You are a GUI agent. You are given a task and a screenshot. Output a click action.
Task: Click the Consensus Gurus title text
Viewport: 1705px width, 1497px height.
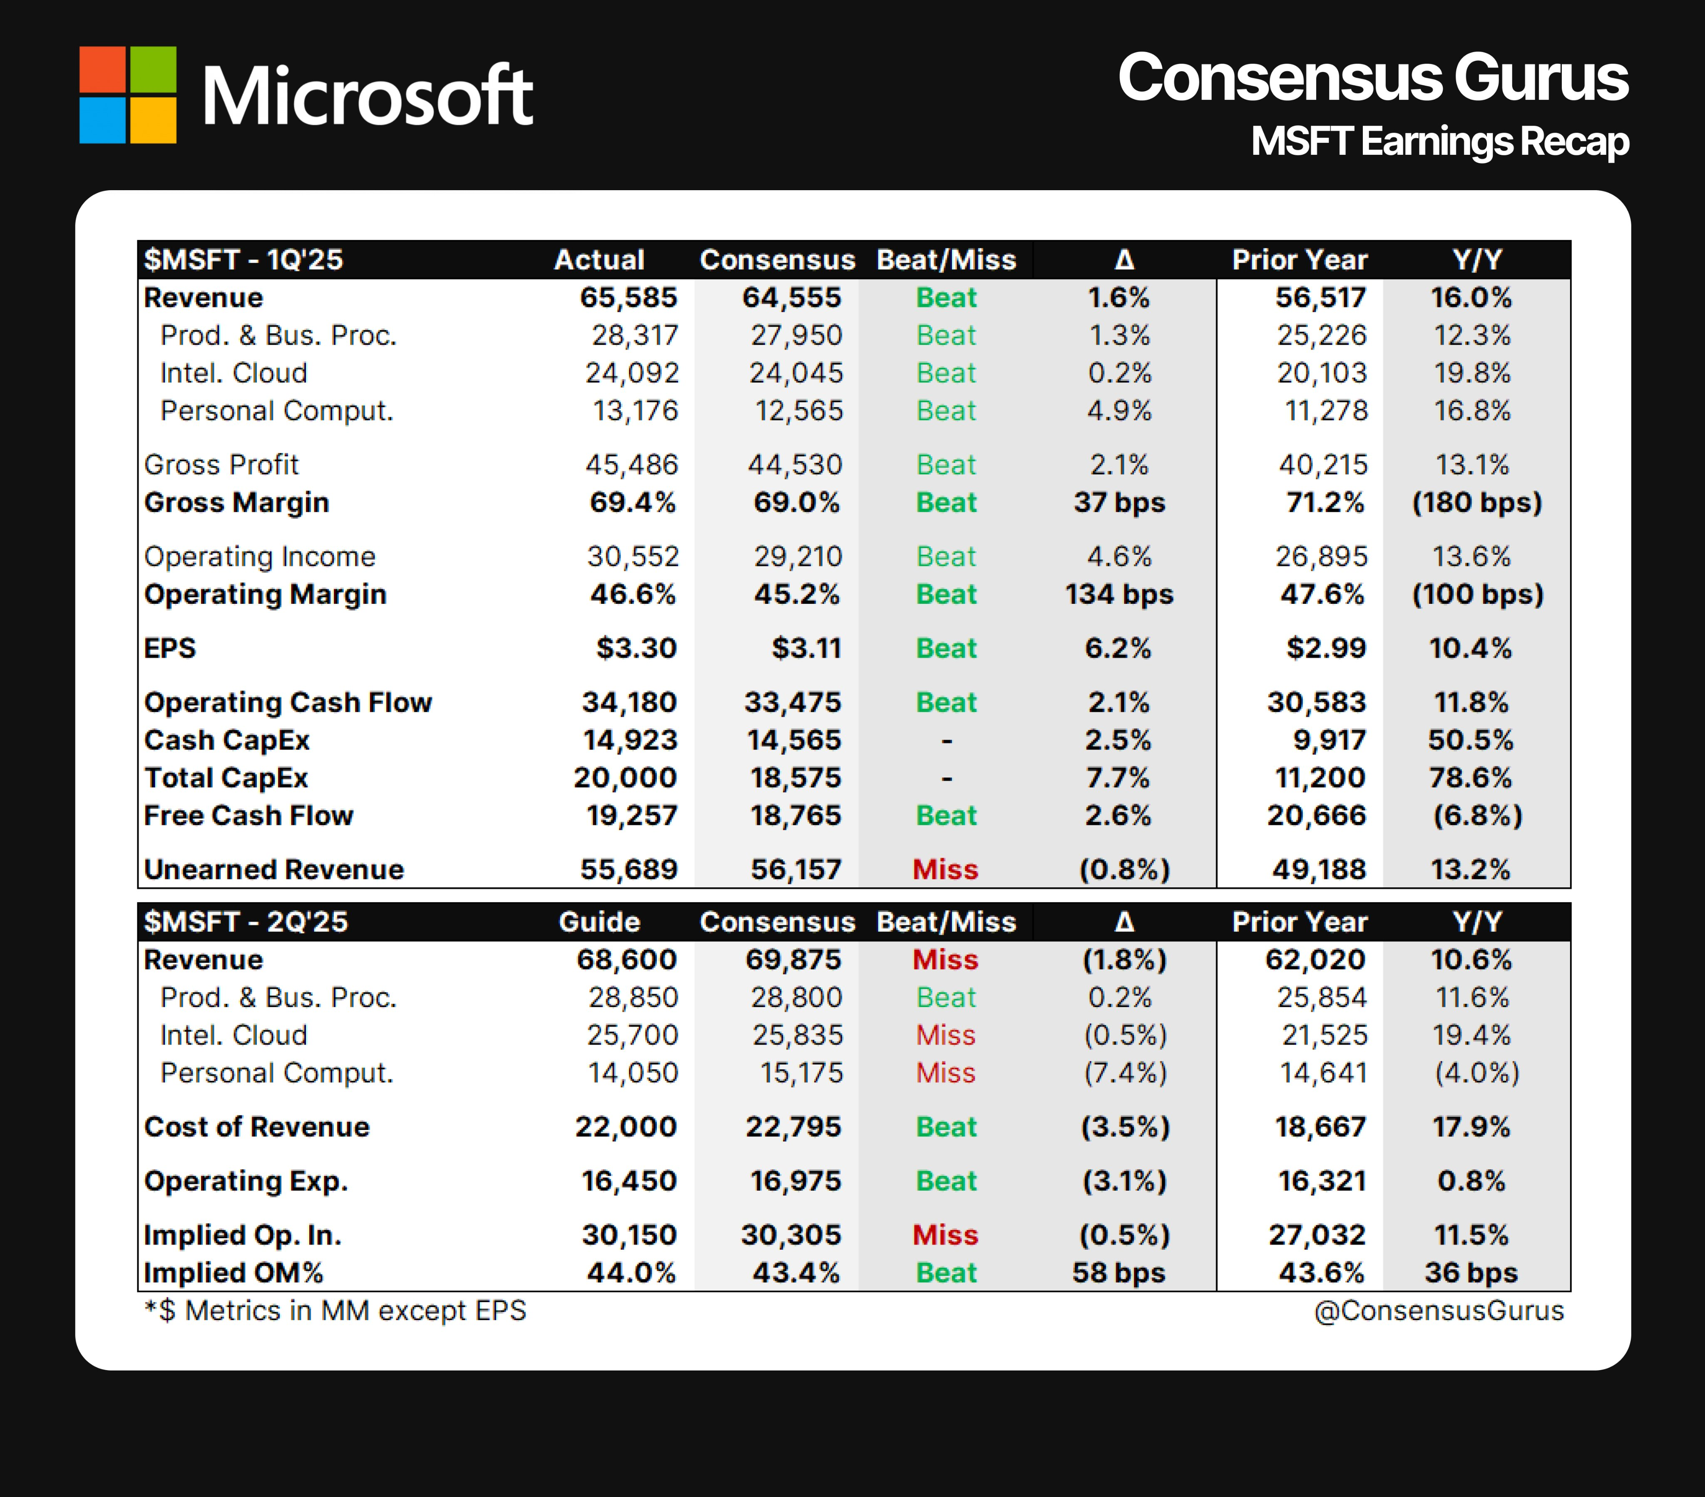pyautogui.click(x=1372, y=77)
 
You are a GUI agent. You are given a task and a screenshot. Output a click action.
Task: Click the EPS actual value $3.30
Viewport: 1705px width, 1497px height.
pyautogui.click(x=636, y=648)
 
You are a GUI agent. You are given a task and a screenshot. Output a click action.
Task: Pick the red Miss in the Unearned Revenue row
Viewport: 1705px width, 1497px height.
pyautogui.click(x=945, y=869)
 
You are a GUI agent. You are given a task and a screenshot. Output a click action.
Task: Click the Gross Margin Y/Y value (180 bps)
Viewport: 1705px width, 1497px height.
pyautogui.click(x=1476, y=502)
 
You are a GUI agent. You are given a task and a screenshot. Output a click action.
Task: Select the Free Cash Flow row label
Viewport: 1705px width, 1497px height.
pyautogui.click(x=249, y=815)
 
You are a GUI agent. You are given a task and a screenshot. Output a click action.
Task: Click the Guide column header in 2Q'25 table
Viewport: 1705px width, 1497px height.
pyautogui.click(x=599, y=921)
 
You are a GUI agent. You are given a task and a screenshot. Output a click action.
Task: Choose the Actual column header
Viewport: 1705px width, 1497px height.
pyautogui.click(x=599, y=259)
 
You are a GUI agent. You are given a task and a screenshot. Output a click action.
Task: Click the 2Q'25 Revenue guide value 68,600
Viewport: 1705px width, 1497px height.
pyautogui.click(x=626, y=959)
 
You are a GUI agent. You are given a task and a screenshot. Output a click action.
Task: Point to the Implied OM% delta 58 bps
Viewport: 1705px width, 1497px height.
pyautogui.click(x=1118, y=1273)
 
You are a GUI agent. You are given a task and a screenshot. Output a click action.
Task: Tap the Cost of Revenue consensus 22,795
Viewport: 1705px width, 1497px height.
pyautogui.click(x=793, y=1127)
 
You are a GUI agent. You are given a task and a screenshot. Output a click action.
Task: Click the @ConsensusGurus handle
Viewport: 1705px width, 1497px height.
pyautogui.click(x=1438, y=1310)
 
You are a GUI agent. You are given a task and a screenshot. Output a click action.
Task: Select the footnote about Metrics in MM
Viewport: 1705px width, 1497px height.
pyautogui.click(x=336, y=1310)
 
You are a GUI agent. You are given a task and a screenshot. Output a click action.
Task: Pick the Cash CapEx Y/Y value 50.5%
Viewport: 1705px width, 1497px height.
pyautogui.click(x=1471, y=740)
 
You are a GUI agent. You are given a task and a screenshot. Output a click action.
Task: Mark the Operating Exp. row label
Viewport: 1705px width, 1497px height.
pyautogui.click(x=246, y=1181)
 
